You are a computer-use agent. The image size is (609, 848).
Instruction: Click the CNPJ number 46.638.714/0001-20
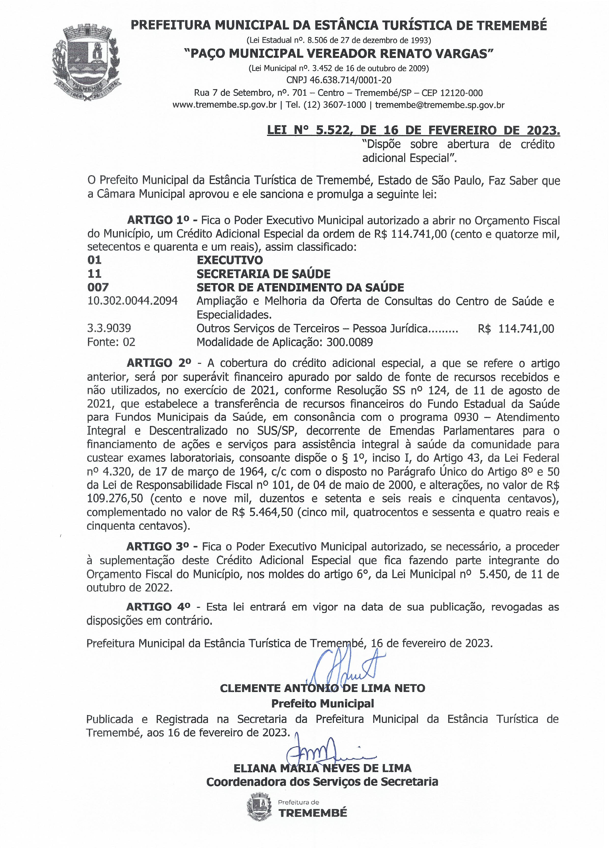point(339,80)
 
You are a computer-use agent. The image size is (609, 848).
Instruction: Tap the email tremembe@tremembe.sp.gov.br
point(440,105)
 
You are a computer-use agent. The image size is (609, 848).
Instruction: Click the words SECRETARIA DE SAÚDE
point(263,274)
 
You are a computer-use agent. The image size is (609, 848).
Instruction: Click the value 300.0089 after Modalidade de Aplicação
point(349,342)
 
